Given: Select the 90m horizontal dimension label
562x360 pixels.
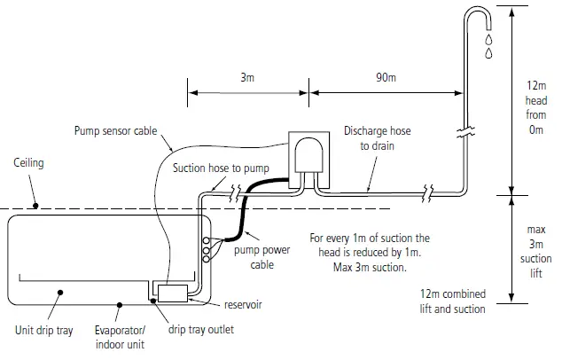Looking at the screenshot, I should coord(386,79).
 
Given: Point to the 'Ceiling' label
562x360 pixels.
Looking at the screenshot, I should coord(29,164).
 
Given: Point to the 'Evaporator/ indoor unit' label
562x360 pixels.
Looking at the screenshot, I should coord(121,336).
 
